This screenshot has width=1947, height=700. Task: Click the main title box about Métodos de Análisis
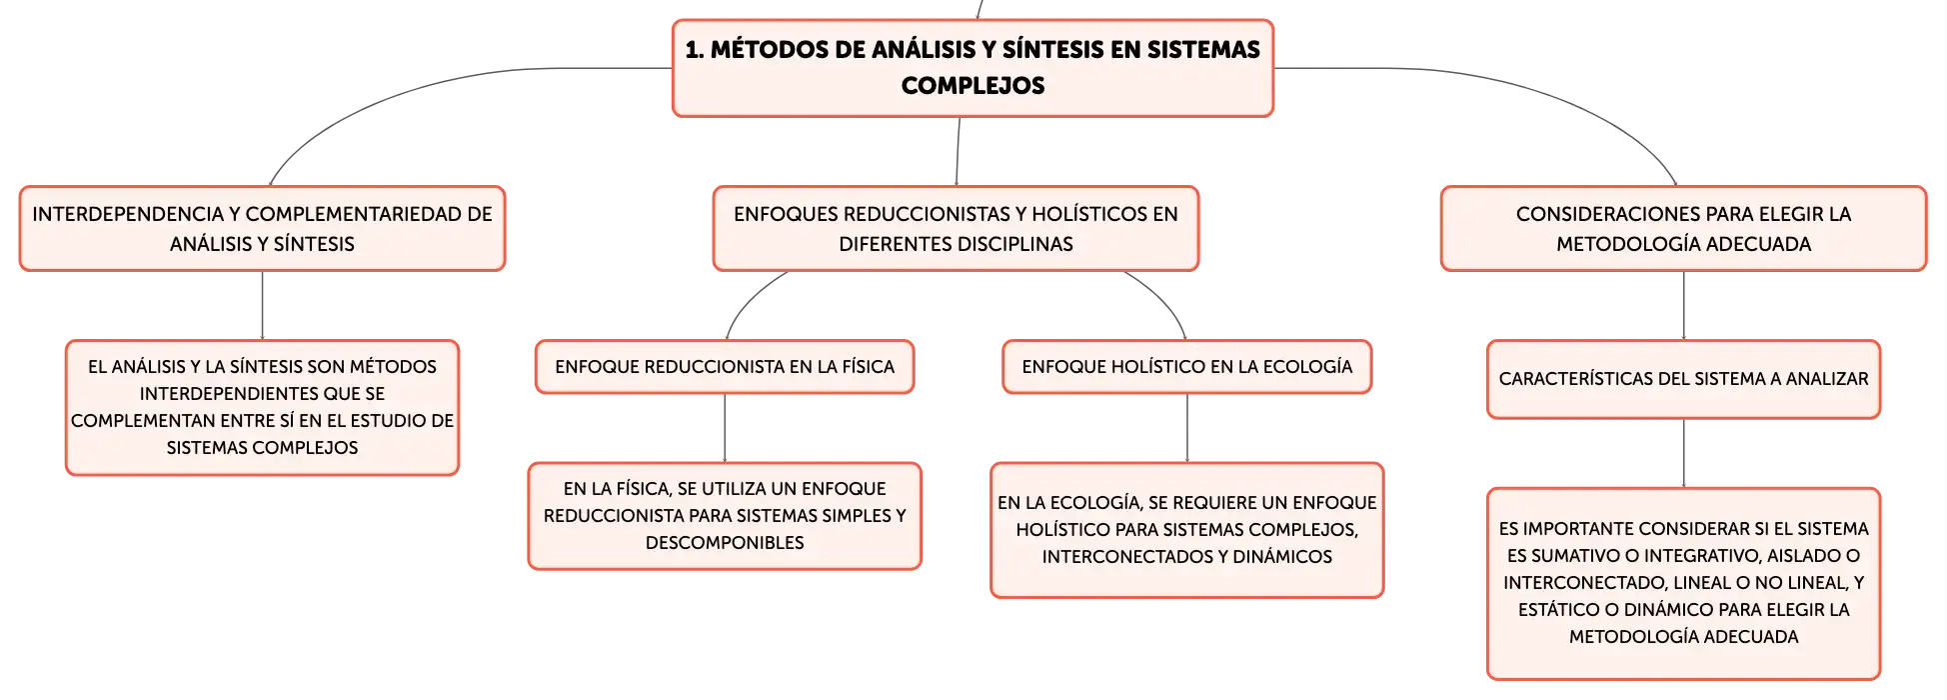973,68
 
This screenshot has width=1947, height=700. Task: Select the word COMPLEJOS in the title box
973,86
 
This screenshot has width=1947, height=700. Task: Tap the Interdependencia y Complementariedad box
262,228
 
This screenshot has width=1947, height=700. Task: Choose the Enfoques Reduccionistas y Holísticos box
956,228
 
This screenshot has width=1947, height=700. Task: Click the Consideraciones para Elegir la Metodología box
1683,228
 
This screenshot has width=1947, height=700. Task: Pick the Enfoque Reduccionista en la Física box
725,367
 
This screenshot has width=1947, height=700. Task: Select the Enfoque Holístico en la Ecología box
1187,367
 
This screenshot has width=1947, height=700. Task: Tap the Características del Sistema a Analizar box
1683,379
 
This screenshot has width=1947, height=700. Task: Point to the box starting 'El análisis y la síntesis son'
262,408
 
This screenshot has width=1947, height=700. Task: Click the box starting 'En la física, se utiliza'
725,516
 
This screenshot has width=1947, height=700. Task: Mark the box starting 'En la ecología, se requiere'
1187,530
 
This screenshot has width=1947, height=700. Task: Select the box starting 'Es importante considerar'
1683,583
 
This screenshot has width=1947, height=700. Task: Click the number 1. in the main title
695,50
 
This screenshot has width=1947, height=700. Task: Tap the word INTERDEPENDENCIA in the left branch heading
128,214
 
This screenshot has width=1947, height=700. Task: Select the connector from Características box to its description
1684,453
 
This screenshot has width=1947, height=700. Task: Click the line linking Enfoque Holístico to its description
1187,428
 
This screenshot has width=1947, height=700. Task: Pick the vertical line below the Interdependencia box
262,306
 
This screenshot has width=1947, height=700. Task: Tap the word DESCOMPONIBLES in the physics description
725,543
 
